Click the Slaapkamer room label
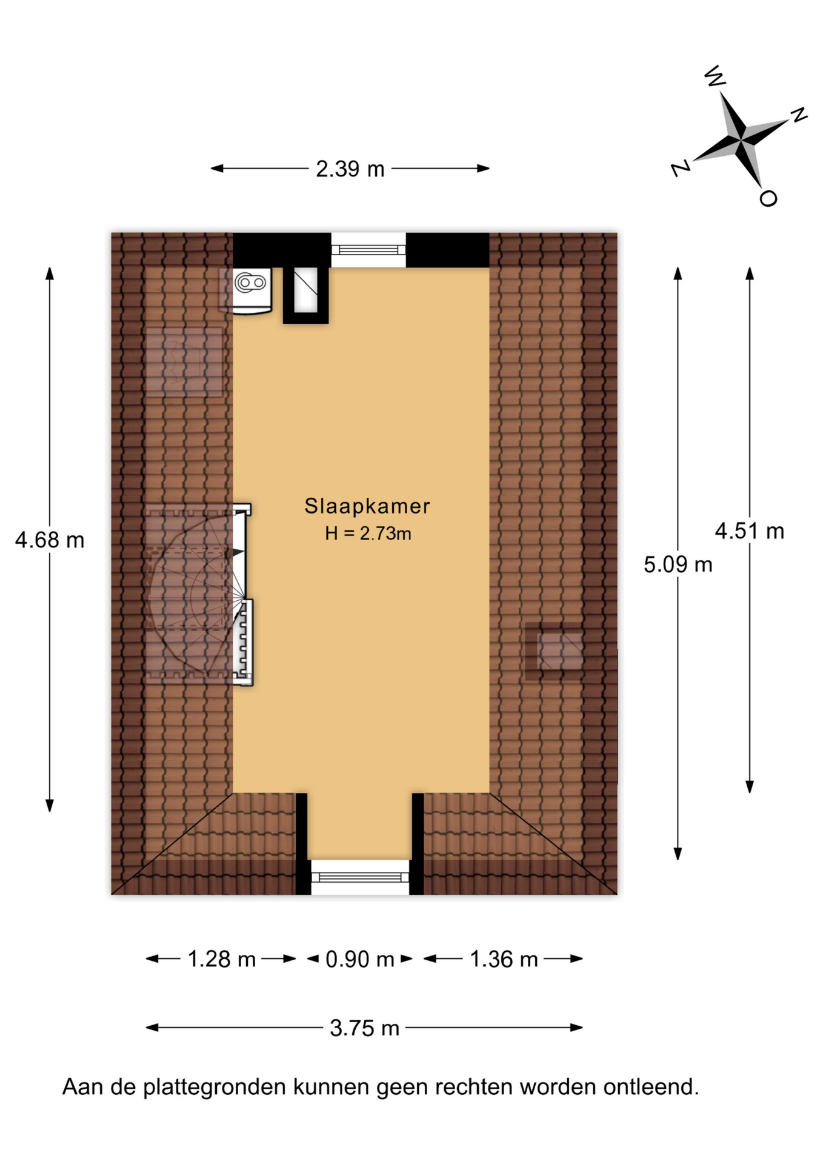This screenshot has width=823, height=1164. [367, 506]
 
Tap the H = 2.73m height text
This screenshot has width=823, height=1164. [368, 533]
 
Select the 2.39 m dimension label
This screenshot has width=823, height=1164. [350, 169]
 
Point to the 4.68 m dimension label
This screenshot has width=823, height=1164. [50, 540]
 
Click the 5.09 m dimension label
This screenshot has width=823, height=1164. [678, 564]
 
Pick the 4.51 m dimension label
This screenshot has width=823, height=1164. [750, 531]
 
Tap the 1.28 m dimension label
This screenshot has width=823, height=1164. [221, 958]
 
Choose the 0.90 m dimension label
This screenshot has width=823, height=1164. [360, 958]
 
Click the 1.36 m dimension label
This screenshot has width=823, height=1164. [504, 958]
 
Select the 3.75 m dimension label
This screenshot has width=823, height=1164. [364, 1028]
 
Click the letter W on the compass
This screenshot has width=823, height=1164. [715, 76]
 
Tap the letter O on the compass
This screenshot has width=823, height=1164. [768, 198]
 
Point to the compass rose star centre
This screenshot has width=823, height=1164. [741, 141]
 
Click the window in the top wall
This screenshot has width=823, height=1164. [368, 249]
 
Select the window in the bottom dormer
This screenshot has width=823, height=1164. [360, 877]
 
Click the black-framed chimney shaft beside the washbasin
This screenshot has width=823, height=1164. [305, 295]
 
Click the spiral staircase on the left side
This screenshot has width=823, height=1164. [199, 594]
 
